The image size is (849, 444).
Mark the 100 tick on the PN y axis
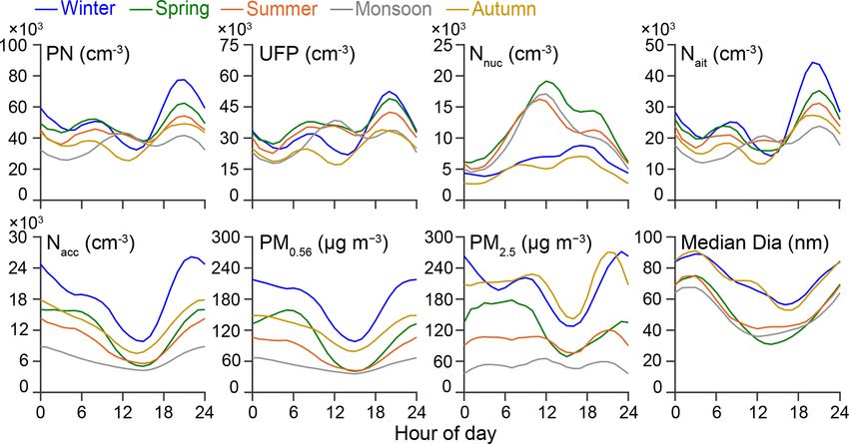coord(20,46)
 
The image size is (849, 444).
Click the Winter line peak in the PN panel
coord(181,80)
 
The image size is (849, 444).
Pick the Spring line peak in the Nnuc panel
coord(547,82)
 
